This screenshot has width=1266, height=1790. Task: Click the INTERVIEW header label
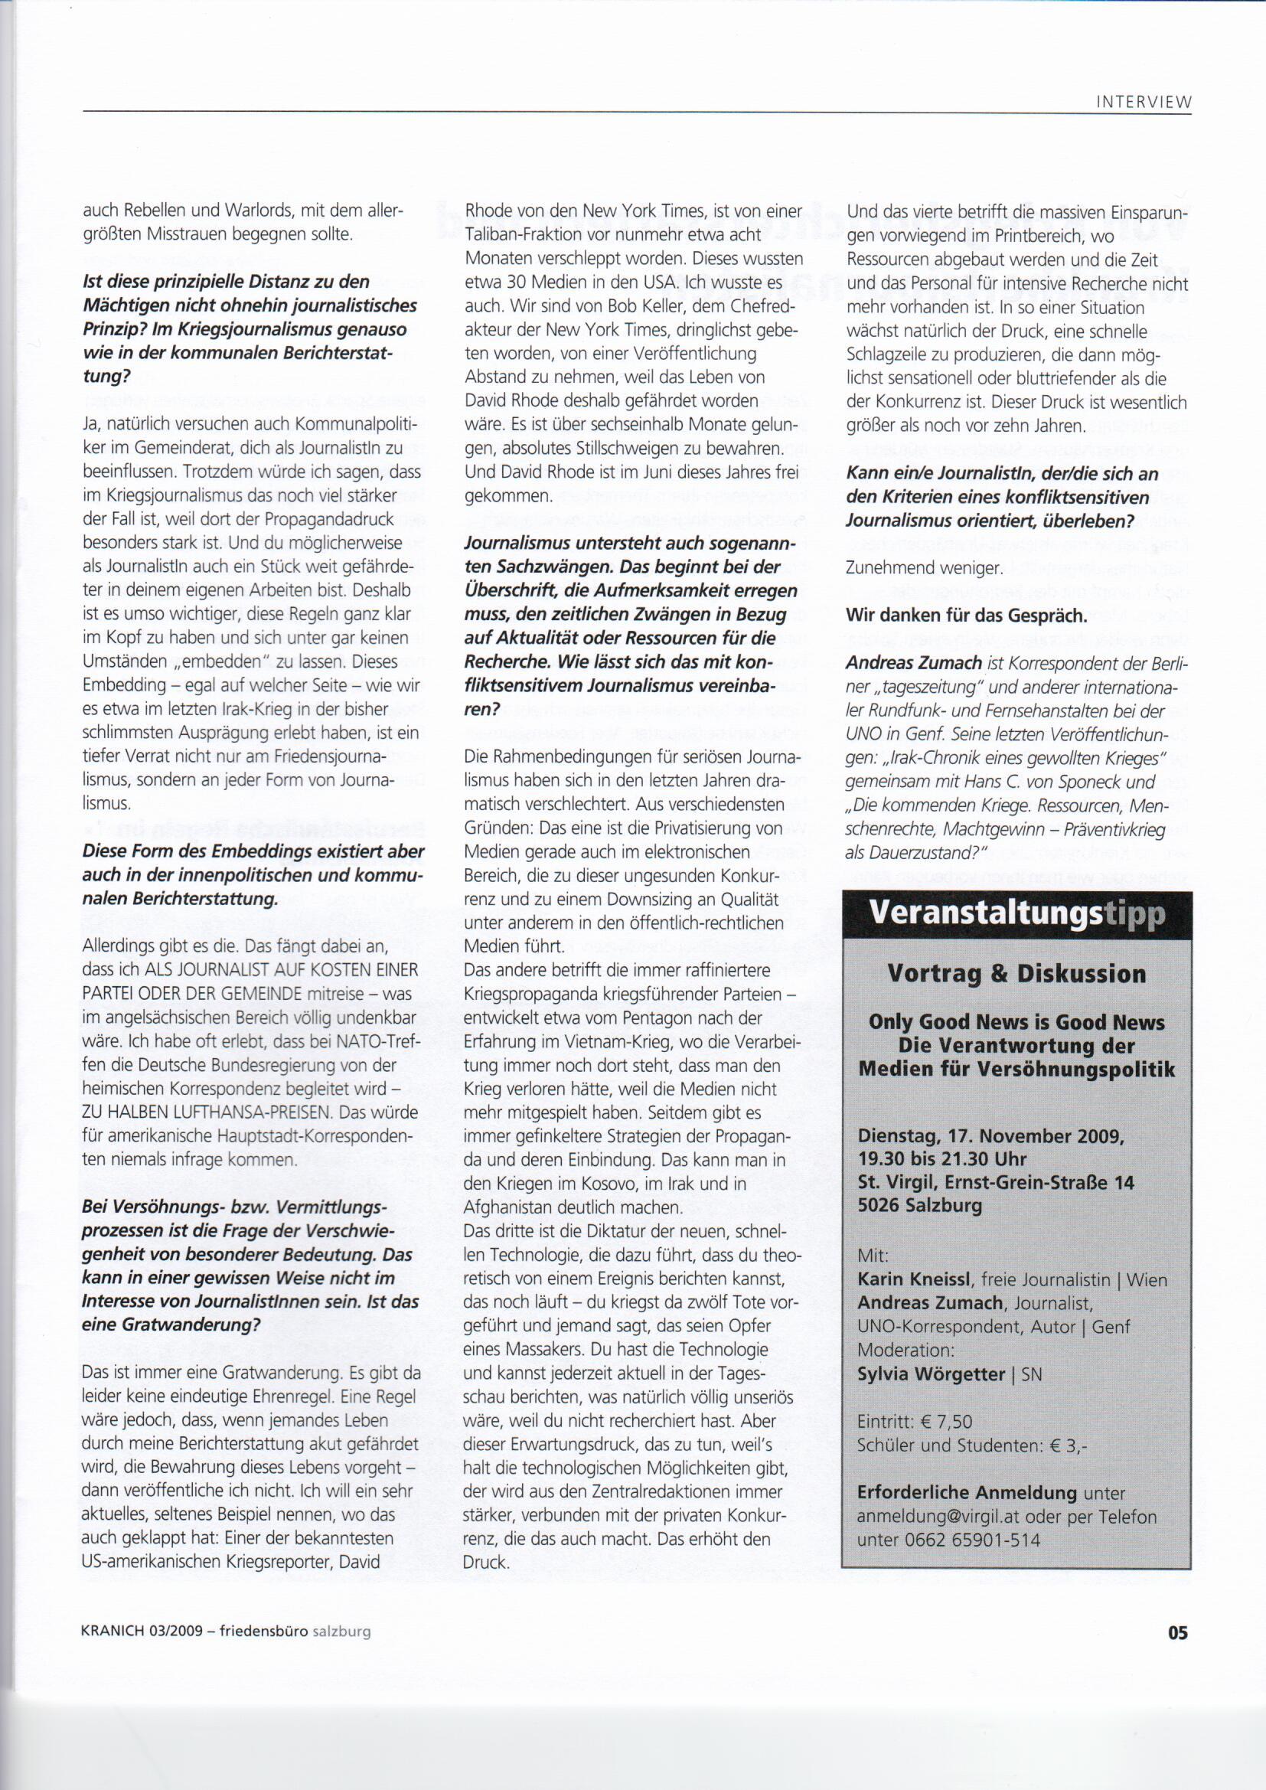pyautogui.click(x=1145, y=102)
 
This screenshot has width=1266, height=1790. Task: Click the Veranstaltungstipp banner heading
pyautogui.click(x=1017, y=913)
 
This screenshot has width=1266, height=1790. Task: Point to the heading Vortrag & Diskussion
pyautogui.click(x=1016, y=974)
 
